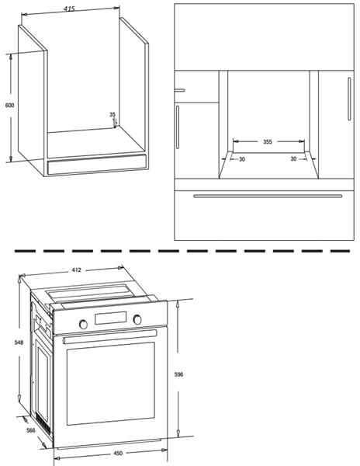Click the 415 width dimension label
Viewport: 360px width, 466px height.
coord(69,9)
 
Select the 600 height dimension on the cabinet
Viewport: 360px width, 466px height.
coord(9,105)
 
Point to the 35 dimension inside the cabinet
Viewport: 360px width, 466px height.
coord(112,114)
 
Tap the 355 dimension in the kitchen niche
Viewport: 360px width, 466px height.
coord(268,142)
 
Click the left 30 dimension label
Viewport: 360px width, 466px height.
coord(242,159)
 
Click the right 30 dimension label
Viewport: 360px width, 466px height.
coord(293,159)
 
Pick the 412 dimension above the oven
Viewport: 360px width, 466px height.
coord(76,270)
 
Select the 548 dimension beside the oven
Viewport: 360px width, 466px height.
coord(19,343)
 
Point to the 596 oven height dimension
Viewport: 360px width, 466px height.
coord(178,374)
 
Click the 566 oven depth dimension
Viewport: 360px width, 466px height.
coord(30,430)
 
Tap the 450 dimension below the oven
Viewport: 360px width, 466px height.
coord(118,454)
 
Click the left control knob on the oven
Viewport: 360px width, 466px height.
coord(83,325)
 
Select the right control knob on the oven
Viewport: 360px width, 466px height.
coord(137,319)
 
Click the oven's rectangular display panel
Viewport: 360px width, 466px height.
coord(111,318)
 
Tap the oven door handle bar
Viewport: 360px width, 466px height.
coord(110,336)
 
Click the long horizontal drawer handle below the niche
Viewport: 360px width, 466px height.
coord(268,196)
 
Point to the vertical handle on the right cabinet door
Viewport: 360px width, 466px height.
coord(349,99)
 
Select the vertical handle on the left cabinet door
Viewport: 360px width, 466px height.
coord(178,127)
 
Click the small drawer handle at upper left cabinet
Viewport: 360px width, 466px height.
coord(180,90)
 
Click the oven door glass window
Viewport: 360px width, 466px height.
coord(111,384)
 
